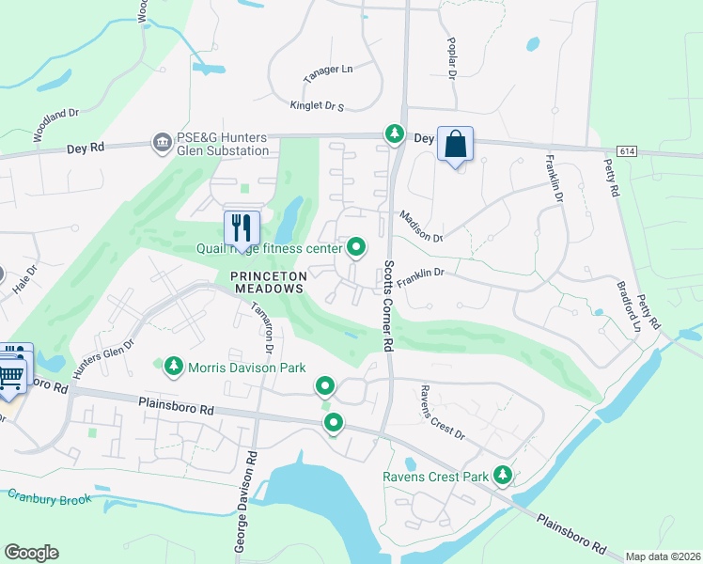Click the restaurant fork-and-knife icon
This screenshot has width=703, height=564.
pyautogui.click(x=242, y=227)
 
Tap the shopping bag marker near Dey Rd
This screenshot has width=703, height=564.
pyautogui.click(x=455, y=145)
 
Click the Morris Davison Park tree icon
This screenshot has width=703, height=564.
pyautogui.click(x=173, y=366)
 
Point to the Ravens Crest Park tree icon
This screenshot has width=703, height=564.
pyautogui.click(x=504, y=476)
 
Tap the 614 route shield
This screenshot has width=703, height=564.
pyautogui.click(x=627, y=150)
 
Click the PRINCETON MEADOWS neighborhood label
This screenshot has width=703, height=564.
pyautogui.click(x=263, y=282)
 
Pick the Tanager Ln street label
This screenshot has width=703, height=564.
pyautogui.click(x=327, y=70)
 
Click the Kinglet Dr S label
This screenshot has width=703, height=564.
pyautogui.click(x=317, y=107)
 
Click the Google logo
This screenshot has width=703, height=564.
pyautogui.click(x=31, y=553)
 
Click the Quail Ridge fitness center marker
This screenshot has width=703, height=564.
pyautogui.click(x=356, y=247)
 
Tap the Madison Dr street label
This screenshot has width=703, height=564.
pyautogui.click(x=421, y=227)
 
